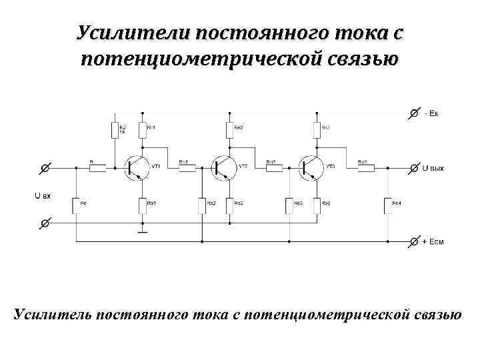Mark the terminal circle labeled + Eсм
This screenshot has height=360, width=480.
[x=414, y=240]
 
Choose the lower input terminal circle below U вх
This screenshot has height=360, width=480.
[x=44, y=223]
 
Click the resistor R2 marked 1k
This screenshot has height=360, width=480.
[x=114, y=129]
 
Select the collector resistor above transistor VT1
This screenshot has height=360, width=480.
[x=142, y=129]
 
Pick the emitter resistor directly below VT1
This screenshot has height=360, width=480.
[x=142, y=205]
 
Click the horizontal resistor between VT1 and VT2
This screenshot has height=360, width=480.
[x=186, y=167]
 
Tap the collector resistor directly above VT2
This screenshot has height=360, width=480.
[x=228, y=129]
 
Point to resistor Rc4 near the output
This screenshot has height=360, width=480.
[x=387, y=205]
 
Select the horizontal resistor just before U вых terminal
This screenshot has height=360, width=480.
[x=366, y=167]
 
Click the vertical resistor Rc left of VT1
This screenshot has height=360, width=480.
[x=76, y=205]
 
